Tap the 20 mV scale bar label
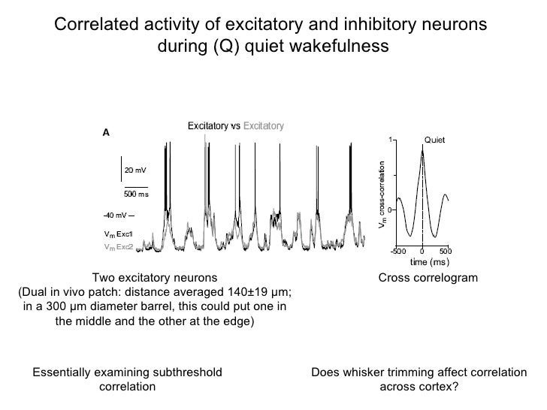(x=134, y=170)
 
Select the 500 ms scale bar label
(x=135, y=194)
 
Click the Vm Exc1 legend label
(x=118, y=234)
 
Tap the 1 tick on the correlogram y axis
(x=390, y=140)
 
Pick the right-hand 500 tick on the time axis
(x=445, y=251)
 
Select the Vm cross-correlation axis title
(x=380, y=196)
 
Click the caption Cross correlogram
(x=428, y=279)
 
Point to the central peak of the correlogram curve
(x=422, y=148)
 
